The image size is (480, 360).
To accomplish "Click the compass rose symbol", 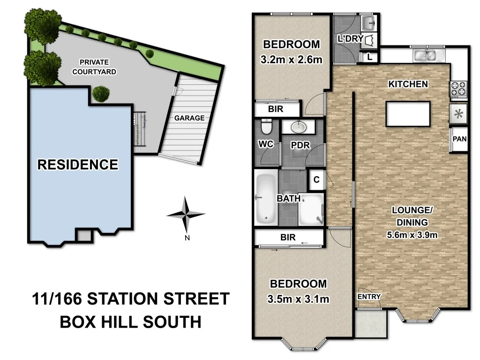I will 186,215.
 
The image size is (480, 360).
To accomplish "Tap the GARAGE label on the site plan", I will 189,118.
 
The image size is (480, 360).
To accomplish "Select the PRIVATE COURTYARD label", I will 94,67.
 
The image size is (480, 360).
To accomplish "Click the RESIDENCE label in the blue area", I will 78,165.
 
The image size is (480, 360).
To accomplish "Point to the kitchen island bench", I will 408,113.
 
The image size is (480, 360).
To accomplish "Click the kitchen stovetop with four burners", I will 458,88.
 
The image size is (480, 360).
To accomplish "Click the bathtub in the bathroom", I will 265,198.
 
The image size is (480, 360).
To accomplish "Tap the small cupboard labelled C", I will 316,180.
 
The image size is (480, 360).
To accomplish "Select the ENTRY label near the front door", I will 369,297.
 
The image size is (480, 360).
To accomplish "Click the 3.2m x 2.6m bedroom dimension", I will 292,60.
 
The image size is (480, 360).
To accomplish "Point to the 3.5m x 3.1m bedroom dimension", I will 298,299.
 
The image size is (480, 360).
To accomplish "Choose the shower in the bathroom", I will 311,210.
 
